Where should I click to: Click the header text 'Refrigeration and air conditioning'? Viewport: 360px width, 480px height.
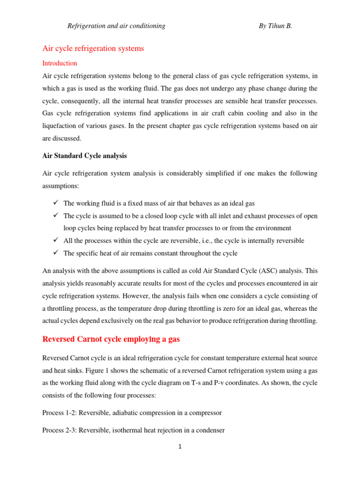tap(116, 26)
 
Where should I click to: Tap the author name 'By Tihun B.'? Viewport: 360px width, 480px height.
tap(275, 26)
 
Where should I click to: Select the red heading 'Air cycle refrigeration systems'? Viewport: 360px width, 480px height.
tap(93, 48)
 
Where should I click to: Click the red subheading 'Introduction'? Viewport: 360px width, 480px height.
tap(60, 63)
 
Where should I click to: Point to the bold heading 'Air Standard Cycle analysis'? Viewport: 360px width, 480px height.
tap(84, 156)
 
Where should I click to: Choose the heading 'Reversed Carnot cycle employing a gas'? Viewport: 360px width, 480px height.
tap(111, 339)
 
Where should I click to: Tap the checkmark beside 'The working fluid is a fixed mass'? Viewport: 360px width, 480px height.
tap(55, 203)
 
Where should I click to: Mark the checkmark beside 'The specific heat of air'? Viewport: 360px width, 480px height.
tap(55, 253)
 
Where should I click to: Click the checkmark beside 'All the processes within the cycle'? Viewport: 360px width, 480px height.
tap(55, 240)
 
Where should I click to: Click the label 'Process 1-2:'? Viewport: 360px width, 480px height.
tap(60, 413)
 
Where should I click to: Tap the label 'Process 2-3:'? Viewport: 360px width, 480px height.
tap(60, 429)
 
